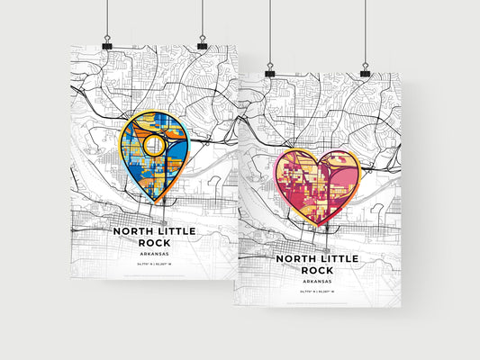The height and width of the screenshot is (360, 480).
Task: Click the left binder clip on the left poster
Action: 106,44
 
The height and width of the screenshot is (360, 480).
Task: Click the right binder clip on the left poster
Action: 202,44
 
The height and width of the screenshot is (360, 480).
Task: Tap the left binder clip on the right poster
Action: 269,69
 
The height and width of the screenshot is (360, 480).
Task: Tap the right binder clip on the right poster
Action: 365,69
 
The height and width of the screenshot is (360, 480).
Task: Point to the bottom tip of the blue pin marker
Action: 164,203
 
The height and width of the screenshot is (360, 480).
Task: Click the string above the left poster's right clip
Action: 202,18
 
